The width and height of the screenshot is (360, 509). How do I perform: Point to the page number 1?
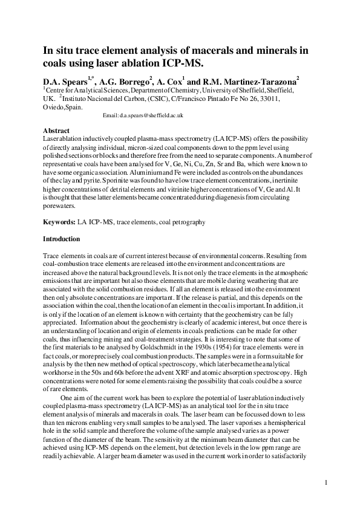[326, 482]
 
